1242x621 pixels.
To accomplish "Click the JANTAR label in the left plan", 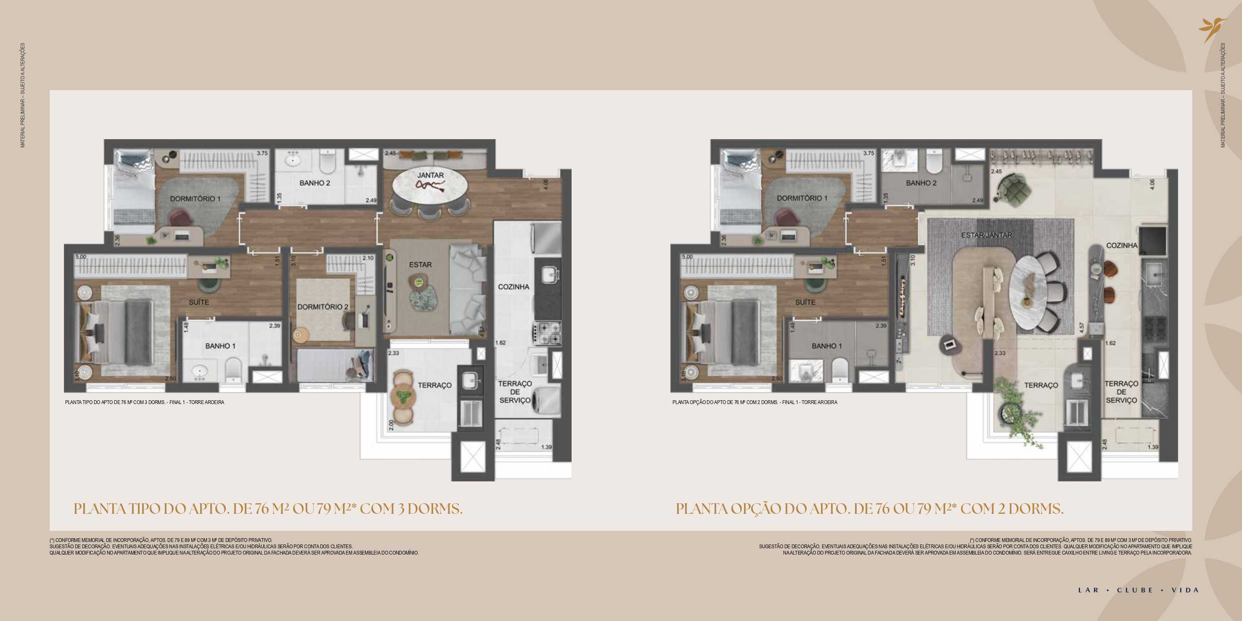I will (x=431, y=175).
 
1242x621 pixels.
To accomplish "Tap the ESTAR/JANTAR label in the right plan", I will (x=986, y=235).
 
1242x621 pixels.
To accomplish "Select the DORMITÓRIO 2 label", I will (x=323, y=307).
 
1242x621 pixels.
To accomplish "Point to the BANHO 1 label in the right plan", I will (x=826, y=346).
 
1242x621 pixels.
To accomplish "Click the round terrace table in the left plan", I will (x=403, y=397).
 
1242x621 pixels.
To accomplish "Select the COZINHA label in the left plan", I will (x=514, y=287).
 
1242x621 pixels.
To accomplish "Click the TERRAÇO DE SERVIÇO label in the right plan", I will (x=1121, y=392).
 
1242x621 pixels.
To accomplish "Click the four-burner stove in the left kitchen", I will (x=547, y=333).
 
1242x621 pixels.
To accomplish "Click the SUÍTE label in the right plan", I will (x=805, y=302).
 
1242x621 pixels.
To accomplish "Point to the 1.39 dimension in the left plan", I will (x=546, y=447).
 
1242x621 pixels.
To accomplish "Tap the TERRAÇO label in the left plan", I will (x=434, y=385).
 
